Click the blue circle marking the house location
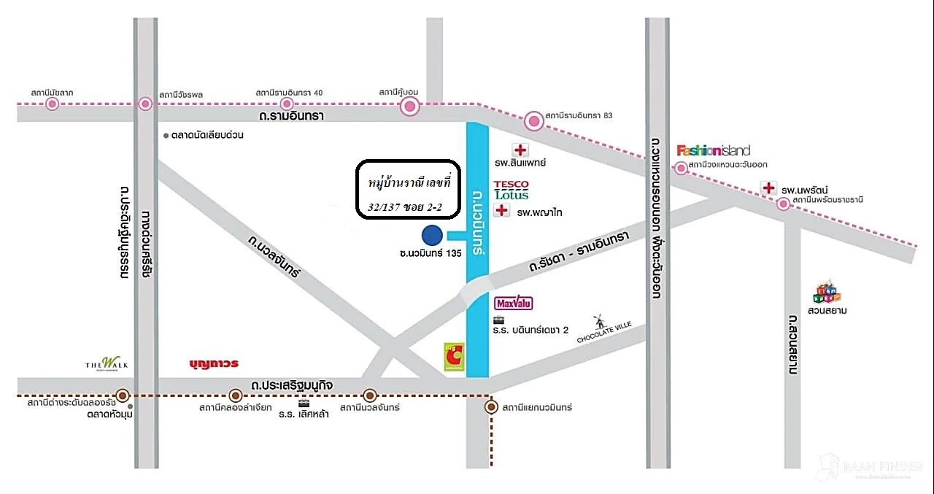tap(432, 235)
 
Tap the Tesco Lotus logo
tap(511, 190)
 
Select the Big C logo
tap(453, 358)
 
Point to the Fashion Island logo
tap(713, 150)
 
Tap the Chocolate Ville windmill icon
tap(600, 322)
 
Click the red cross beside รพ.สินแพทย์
tap(520, 150)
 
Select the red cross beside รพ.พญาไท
tap(501, 211)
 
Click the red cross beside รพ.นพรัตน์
tap(768, 188)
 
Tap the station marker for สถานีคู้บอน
tap(410, 107)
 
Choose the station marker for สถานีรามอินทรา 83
tap(534, 120)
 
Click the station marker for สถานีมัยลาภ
tap(52, 104)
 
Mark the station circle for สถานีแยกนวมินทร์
tap(491, 407)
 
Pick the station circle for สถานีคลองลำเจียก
tap(235, 395)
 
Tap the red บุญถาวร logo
tap(214, 363)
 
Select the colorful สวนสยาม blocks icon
tap(827, 291)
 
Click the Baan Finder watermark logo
tap(870, 467)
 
